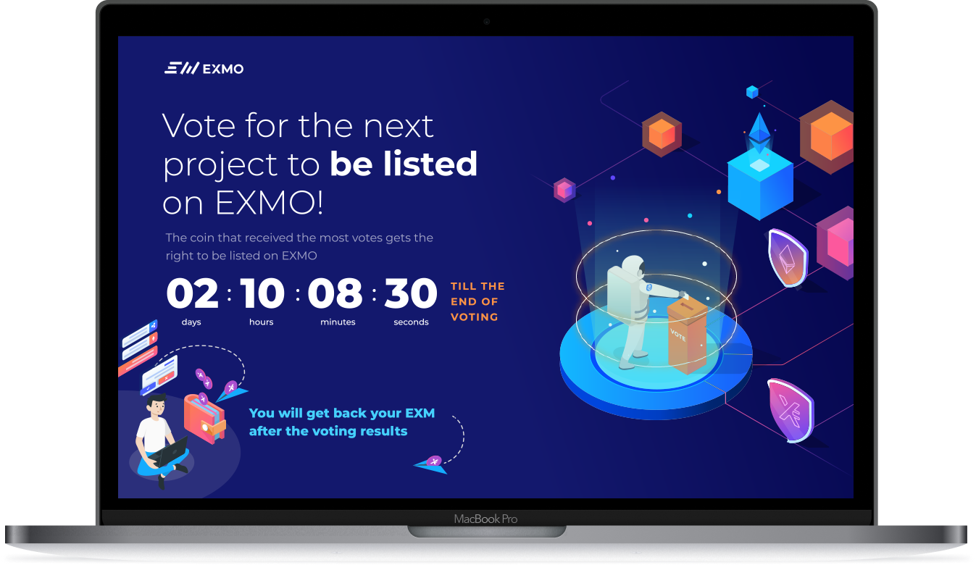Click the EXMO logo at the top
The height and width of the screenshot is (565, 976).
(204, 68)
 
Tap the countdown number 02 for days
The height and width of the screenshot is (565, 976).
(192, 293)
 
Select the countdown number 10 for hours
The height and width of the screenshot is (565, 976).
(262, 293)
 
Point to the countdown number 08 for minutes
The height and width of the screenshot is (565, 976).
(335, 293)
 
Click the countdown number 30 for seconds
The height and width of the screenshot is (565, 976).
(410, 293)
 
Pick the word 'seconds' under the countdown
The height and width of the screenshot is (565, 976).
(411, 322)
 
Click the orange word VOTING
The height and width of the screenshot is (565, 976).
(474, 317)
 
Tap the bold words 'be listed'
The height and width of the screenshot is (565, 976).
(404, 164)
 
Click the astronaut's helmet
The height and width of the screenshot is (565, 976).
(633, 267)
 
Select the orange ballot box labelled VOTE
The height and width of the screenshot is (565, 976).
(687, 335)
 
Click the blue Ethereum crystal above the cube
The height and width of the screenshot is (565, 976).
(759, 133)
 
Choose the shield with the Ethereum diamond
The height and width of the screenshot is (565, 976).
(788, 258)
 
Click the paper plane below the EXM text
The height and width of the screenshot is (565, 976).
(430, 465)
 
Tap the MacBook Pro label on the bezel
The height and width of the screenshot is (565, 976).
(485, 519)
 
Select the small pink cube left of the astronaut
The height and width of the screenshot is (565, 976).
(564, 190)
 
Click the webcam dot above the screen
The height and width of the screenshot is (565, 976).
(487, 21)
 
